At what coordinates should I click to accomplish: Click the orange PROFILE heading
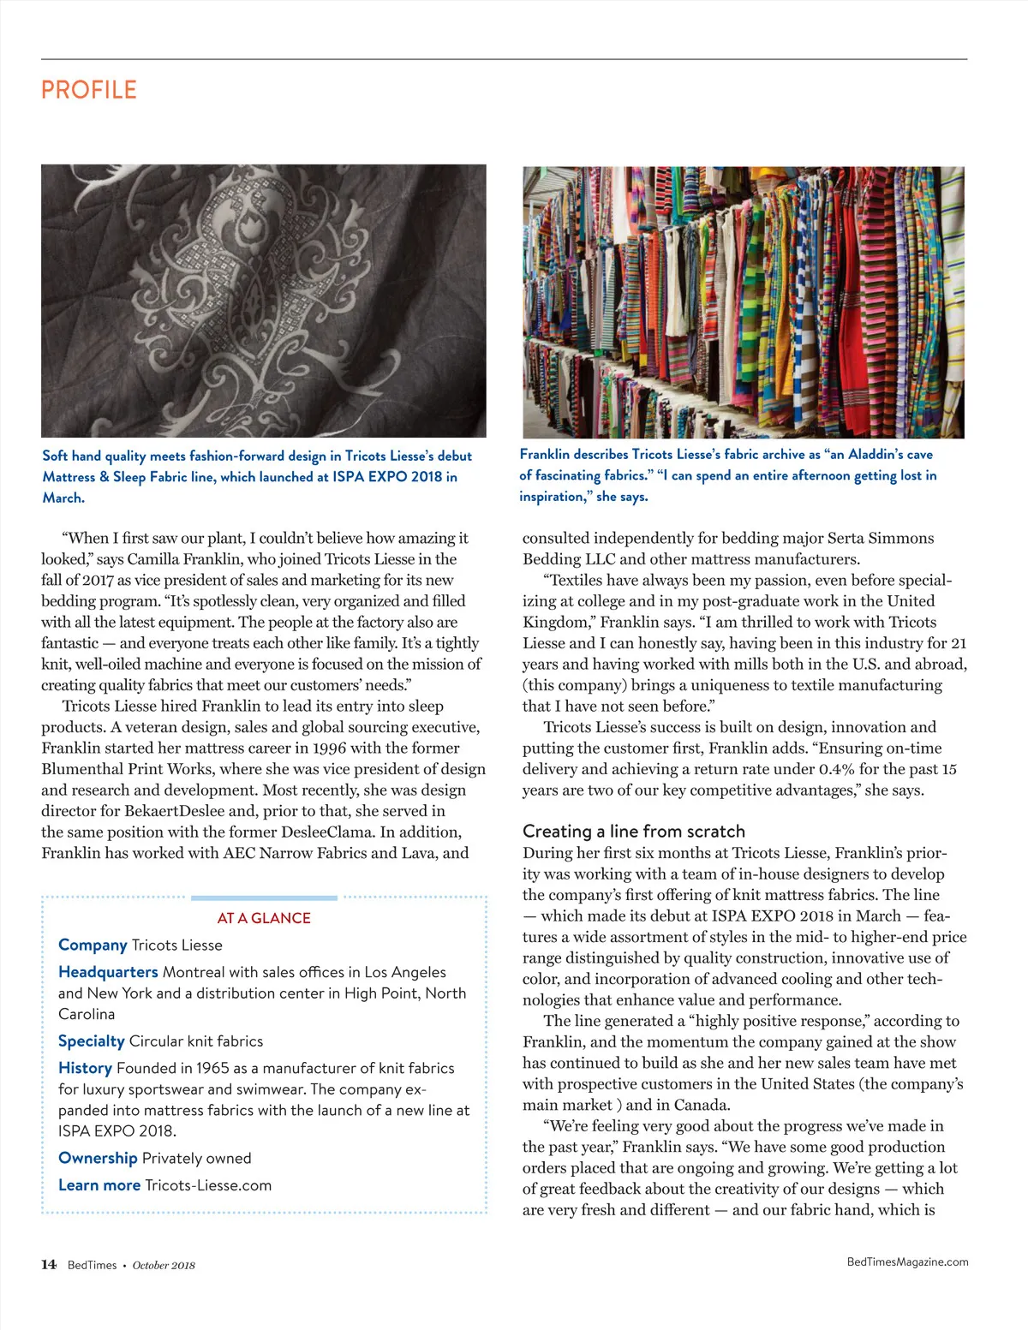click(89, 90)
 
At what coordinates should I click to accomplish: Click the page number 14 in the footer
click(49, 1264)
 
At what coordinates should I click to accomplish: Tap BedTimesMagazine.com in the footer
click(907, 1261)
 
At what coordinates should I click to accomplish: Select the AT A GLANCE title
click(264, 918)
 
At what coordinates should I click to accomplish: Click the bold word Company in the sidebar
click(93, 945)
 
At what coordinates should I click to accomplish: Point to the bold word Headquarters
click(108, 972)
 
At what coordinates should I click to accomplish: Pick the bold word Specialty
click(92, 1041)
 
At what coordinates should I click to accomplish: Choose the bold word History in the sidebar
click(85, 1068)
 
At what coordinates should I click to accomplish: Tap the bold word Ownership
click(98, 1158)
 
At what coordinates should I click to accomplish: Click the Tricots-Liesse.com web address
click(208, 1185)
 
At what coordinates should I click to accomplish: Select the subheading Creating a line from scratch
click(634, 831)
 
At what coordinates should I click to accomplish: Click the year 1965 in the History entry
click(212, 1068)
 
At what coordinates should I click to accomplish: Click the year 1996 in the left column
click(329, 748)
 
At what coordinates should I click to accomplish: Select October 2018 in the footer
click(164, 1265)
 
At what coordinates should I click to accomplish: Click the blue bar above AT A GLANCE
click(264, 898)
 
